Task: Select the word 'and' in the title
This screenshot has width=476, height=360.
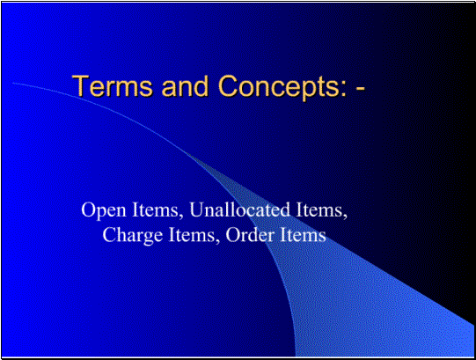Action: click(x=185, y=85)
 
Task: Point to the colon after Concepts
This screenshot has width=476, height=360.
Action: click(x=343, y=90)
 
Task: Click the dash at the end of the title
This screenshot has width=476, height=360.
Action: click(x=361, y=90)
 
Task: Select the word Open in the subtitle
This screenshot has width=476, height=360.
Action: click(x=104, y=210)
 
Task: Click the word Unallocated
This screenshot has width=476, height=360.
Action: click(x=240, y=209)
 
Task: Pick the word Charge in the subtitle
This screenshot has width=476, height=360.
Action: click(x=132, y=236)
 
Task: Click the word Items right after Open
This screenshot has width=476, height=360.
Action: click(x=157, y=210)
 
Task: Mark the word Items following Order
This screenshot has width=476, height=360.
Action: click(x=304, y=235)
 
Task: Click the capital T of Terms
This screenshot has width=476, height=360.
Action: click(x=80, y=85)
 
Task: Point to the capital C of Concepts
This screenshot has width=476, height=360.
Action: click(x=228, y=85)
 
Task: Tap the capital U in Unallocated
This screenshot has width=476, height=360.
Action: click(x=196, y=209)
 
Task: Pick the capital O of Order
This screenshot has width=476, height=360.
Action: click(x=232, y=235)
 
